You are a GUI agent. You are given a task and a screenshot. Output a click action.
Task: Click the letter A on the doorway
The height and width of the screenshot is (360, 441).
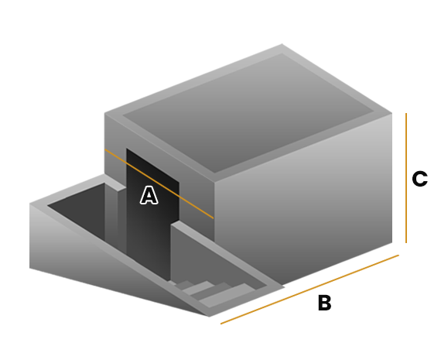coord(149,195)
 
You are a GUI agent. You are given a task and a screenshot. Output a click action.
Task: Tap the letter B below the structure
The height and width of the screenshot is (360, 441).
coord(325,303)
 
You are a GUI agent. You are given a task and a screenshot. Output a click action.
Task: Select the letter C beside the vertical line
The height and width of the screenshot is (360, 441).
coord(419,179)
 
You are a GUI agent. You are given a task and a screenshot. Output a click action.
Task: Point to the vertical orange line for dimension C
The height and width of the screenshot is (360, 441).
coord(406,178)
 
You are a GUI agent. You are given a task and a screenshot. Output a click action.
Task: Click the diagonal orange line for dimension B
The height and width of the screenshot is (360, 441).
coord(309,290)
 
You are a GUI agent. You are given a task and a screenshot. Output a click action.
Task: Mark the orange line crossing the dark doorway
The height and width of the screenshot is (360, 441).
coord(159,183)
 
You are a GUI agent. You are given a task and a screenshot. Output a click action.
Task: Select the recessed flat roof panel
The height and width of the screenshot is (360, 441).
coord(248,112)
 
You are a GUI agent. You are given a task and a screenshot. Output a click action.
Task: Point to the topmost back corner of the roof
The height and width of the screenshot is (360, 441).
coord(282,44)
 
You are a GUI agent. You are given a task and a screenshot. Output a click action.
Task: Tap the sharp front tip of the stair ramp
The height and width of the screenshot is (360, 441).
coord(209,317)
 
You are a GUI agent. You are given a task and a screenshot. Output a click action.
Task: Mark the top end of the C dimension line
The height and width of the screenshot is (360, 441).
coord(406,113)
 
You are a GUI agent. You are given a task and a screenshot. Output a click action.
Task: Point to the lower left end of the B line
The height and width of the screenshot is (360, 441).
coord(220,324)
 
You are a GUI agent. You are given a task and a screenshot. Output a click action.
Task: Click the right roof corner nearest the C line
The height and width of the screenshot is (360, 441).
coord(391,113)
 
